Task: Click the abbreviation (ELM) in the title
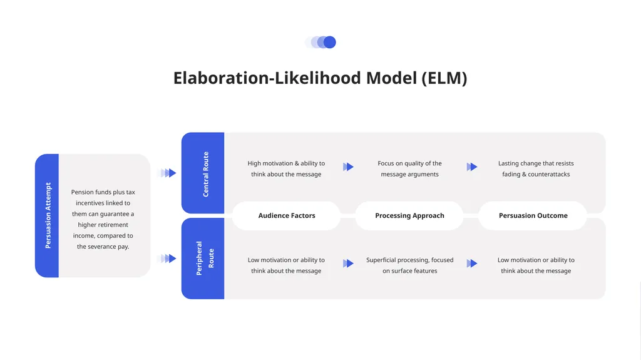tap(444, 78)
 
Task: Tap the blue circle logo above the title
tap(320, 42)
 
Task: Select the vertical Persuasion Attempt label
tap(48, 215)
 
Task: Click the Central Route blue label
tap(205, 174)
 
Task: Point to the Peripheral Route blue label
tap(205, 258)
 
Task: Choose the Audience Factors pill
tap(287, 215)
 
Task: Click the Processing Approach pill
tap(409, 215)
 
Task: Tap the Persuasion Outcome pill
tap(533, 215)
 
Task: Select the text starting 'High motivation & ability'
tap(286, 168)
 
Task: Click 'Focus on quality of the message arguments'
tap(409, 168)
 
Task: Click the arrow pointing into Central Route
tap(167, 173)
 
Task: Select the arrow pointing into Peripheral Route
tap(167, 259)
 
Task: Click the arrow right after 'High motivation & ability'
tap(348, 167)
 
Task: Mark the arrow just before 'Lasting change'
tap(472, 167)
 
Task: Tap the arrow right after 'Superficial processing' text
tap(472, 263)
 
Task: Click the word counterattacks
tap(548, 174)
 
